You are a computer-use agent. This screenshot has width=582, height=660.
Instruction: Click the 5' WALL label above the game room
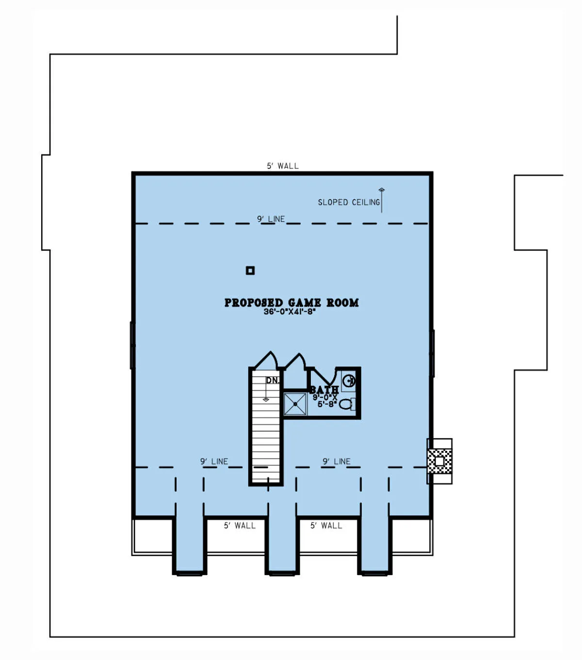283,166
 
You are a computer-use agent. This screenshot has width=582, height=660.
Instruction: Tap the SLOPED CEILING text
349,202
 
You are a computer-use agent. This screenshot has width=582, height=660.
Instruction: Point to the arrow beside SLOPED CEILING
382,200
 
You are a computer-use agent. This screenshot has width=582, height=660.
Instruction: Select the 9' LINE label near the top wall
271,219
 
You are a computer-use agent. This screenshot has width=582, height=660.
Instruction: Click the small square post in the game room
250,270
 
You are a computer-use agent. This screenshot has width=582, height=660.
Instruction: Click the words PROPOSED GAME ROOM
291,303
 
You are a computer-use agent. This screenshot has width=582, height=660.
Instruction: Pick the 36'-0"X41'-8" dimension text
290,312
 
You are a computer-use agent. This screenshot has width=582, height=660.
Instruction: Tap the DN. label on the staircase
272,380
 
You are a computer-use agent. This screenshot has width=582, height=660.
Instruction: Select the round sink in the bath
349,380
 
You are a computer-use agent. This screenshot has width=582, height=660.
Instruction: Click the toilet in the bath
346,404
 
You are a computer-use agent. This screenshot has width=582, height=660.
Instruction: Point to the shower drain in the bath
295,404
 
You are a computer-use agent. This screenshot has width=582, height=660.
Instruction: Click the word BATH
323,390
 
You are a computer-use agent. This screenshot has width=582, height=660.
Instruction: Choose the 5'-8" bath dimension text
327,404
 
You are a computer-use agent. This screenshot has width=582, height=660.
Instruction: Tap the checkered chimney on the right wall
439,462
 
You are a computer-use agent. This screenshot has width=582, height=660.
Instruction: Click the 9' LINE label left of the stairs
214,462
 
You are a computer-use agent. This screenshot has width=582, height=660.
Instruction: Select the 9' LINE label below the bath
337,462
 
